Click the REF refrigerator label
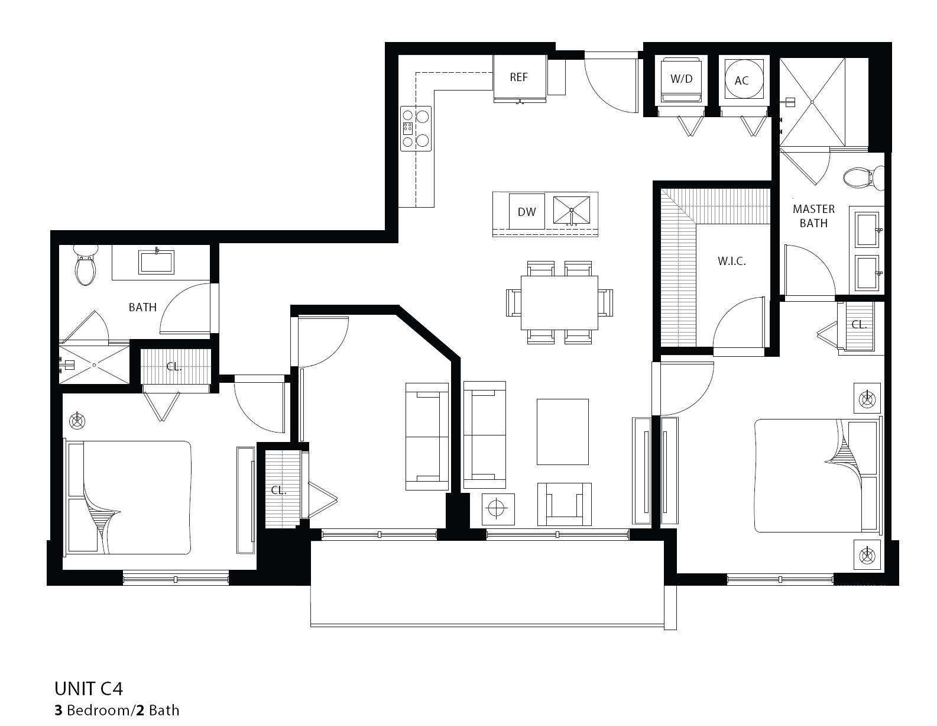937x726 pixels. pos(518,78)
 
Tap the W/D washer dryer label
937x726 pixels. pos(681,79)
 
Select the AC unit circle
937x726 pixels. pos(741,80)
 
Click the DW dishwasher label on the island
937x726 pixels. pos(526,212)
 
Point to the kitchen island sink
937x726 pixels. pos(572,210)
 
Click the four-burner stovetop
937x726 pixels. pos(416,128)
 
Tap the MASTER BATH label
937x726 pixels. pos(813,216)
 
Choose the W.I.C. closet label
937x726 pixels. pos(731,261)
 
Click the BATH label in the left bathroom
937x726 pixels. pos(142,307)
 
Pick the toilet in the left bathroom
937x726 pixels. pos(85,267)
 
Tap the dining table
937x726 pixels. pos(559,302)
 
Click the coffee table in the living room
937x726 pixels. pos(562,431)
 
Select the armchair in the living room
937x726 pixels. pos(564,504)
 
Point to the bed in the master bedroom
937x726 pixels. pos(816,475)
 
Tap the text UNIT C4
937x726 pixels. pos(89,689)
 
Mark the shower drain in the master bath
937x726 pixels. pos(812,102)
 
